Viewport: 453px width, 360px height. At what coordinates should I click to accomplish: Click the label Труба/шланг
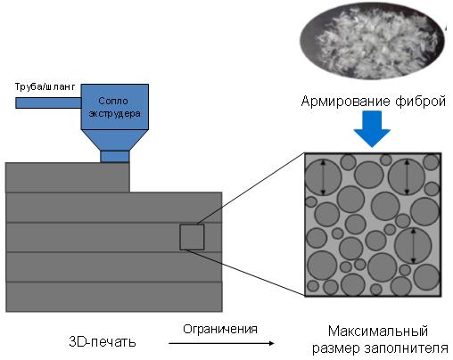click(45, 86)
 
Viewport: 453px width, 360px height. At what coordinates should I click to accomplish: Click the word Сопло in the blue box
click(113, 101)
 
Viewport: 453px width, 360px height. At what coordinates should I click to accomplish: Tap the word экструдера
click(114, 113)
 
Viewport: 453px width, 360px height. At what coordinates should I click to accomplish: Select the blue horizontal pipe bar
click(48, 102)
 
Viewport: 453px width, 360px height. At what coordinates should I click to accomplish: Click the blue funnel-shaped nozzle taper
click(115, 140)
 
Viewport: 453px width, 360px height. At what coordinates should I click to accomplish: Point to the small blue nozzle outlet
click(115, 157)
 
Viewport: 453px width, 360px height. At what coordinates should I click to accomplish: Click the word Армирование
click(345, 101)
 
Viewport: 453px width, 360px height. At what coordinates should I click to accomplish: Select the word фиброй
click(420, 101)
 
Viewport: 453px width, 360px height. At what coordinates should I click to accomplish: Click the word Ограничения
click(220, 329)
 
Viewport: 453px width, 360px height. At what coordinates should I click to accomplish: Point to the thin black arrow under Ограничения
click(221, 343)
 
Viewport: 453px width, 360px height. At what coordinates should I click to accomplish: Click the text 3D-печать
click(103, 342)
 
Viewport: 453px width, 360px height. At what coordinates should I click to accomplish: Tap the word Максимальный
click(378, 331)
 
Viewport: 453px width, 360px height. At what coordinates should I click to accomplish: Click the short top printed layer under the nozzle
click(68, 177)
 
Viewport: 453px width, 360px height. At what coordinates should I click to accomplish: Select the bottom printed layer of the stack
click(114, 297)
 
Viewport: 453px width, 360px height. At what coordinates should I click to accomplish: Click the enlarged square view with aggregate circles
click(373, 225)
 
